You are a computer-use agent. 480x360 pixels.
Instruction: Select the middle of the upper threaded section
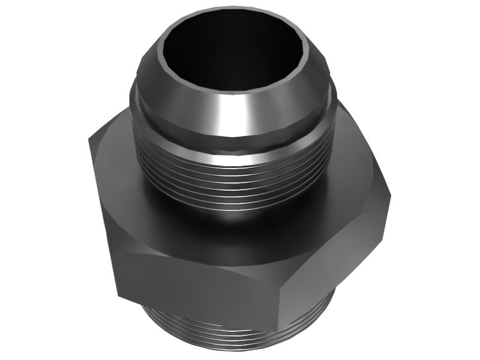coord(234,180)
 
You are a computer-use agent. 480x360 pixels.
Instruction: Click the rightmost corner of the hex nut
coord(390,195)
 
